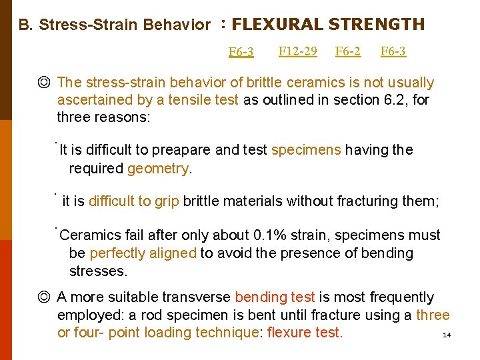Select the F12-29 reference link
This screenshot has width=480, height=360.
pyautogui.click(x=297, y=51)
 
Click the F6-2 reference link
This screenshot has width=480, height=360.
pyautogui.click(x=348, y=51)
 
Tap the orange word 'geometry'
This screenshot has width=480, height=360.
pyautogui.click(x=158, y=168)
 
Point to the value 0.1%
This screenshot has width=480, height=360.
pyautogui.click(x=271, y=235)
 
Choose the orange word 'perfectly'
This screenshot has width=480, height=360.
pyautogui.click(x=117, y=253)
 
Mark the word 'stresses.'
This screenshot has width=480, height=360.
pyautogui.click(x=98, y=271)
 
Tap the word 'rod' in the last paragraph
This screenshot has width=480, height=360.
pyautogui.click(x=177, y=315)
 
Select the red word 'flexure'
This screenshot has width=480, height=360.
pyautogui.click(x=289, y=333)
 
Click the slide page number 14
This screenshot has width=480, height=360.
pyautogui.click(x=447, y=335)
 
